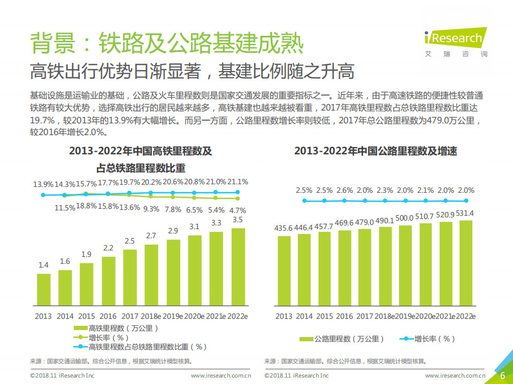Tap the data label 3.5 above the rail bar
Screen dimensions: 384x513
[238, 220]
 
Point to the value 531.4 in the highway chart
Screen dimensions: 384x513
[466, 213]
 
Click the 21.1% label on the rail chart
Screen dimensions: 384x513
[238, 182]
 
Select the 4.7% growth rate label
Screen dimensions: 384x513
[238, 210]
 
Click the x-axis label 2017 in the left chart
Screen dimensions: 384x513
[130, 316]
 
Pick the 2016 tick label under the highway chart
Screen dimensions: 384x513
[345, 316]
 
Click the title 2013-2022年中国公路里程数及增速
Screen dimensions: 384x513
[376, 151]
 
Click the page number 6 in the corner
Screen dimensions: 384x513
[502, 375]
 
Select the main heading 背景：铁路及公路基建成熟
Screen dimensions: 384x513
[166, 43]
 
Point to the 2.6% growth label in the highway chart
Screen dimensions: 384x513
[344, 190]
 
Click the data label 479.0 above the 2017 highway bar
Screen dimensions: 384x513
[365, 222]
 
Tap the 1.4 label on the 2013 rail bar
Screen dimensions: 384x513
[43, 265]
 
